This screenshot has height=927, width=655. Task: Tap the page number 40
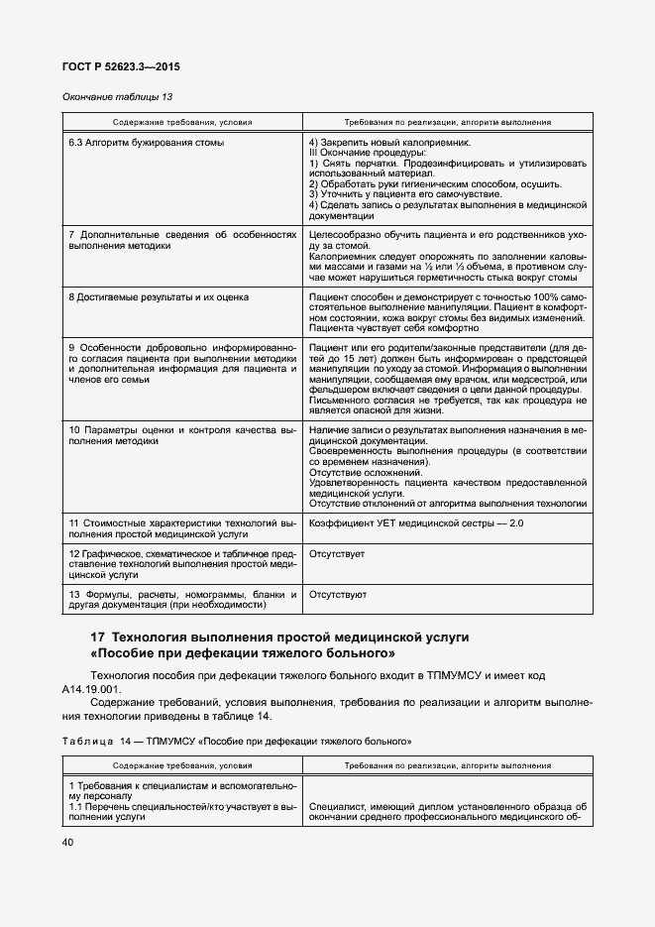click(67, 842)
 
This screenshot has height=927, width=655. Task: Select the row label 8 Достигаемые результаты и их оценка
click(159, 296)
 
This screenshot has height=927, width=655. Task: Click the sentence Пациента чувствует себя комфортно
click(394, 327)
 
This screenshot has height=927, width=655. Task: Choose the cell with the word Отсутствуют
click(338, 595)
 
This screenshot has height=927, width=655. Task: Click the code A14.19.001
click(91, 688)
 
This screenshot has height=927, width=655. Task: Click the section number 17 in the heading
click(98, 637)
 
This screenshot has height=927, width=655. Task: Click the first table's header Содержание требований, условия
click(181, 122)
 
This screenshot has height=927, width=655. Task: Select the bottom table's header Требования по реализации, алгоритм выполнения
click(447, 766)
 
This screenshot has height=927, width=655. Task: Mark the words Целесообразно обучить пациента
click(386, 235)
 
